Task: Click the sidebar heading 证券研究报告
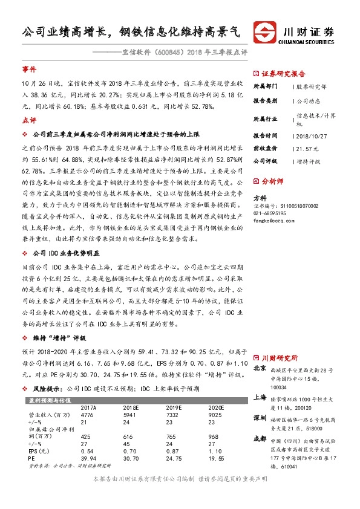click(x=283, y=74)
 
